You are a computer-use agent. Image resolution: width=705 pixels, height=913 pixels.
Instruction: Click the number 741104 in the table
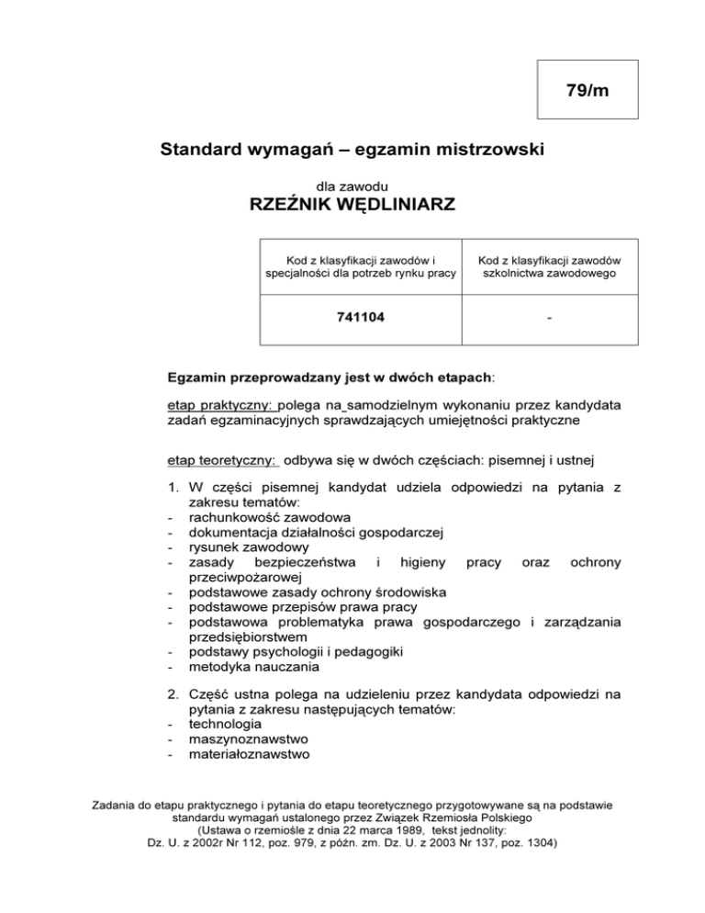pos(359,319)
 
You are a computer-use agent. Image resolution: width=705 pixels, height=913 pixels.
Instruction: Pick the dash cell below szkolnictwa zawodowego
pos(548,319)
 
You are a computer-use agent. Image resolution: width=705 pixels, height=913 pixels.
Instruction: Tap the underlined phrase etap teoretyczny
pos(223,460)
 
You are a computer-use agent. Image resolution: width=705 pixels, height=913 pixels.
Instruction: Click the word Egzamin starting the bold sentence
pos(202,377)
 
